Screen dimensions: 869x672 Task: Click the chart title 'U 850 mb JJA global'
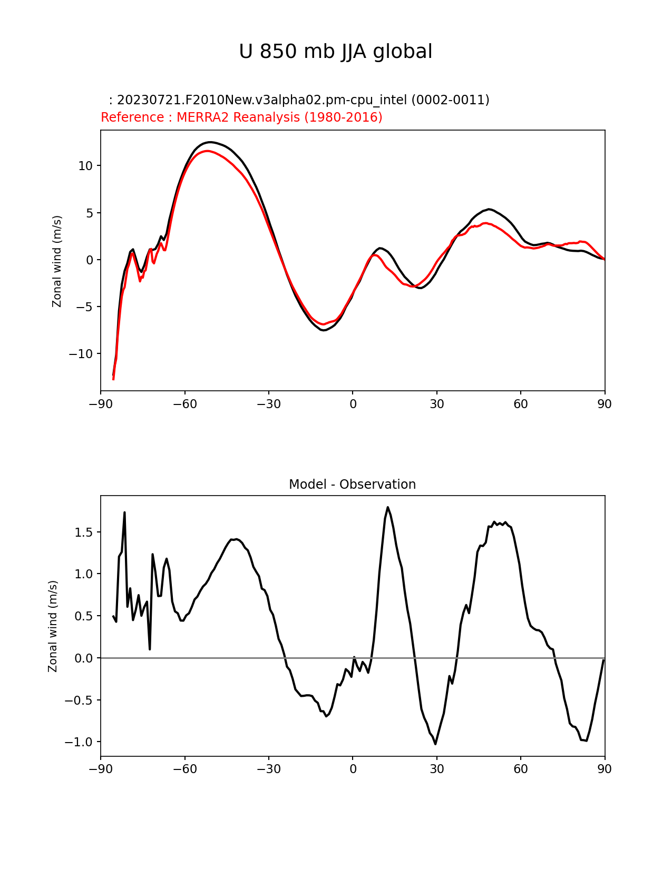(336, 52)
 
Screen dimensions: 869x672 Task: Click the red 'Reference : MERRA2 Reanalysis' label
(241, 117)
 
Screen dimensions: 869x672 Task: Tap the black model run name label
(299, 100)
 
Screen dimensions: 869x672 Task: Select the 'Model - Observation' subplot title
(352, 485)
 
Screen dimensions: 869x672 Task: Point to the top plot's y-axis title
(57, 261)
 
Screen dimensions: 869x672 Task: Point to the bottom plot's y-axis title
(53, 626)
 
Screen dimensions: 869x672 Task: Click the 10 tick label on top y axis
(85, 166)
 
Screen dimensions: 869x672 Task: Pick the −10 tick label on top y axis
(81, 354)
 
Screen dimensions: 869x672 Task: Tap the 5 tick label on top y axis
(89, 213)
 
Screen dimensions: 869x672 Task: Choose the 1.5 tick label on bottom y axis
(83, 532)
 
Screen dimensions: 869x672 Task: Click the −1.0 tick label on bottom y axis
(79, 742)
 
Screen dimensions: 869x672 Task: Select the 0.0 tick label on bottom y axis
(83, 658)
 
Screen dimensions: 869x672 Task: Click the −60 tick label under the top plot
(184, 404)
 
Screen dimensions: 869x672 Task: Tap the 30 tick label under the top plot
(436, 404)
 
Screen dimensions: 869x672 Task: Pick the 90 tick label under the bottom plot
(605, 769)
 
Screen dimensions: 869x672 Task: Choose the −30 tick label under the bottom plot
(268, 769)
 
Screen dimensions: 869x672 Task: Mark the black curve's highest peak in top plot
(210, 142)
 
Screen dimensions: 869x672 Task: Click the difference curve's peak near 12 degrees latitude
(387, 507)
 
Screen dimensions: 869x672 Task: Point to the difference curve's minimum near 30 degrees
(435, 744)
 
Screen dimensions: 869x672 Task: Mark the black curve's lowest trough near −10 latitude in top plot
(324, 330)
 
